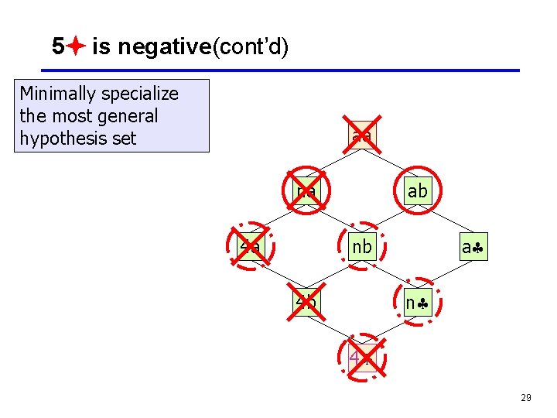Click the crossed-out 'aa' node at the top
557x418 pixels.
pyautogui.click(x=361, y=136)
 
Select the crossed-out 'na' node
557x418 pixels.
pyautogui.click(x=306, y=190)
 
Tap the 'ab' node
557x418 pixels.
pyautogui.click(x=417, y=190)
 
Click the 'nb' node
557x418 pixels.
pyautogui.click(x=361, y=248)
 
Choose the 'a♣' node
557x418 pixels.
pyautogui.click(x=472, y=248)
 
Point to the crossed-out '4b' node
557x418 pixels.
pyautogui.click(x=306, y=303)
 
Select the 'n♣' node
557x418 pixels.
pyautogui.click(x=417, y=303)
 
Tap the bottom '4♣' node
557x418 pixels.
pyautogui.click(x=361, y=358)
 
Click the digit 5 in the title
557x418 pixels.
pyautogui.click(x=57, y=47)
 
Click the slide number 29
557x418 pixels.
pyautogui.click(x=525, y=397)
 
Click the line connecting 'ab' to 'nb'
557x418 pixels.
pyautogui.click(x=388, y=220)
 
